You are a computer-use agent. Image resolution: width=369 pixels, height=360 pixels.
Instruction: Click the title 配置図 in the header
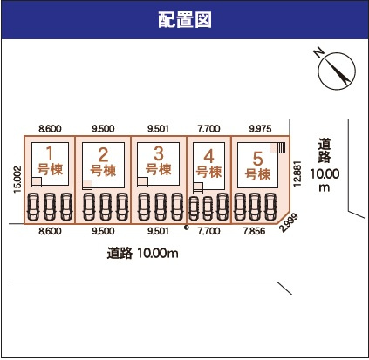tap(185, 18)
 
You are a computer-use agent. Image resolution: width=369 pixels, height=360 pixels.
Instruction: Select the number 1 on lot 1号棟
tap(51, 154)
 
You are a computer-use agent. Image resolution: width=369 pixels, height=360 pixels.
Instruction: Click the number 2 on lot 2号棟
tap(103, 156)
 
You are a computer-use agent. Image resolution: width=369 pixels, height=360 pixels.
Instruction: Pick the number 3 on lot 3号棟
tap(158, 154)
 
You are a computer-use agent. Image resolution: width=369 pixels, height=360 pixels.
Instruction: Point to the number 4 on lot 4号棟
tap(208, 158)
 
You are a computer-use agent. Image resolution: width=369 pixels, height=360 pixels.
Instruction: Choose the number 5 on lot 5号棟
tap(257, 159)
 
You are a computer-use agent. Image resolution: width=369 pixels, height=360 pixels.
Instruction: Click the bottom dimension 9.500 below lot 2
tap(103, 233)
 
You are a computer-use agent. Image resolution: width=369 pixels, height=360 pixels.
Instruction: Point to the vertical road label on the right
tap(325, 166)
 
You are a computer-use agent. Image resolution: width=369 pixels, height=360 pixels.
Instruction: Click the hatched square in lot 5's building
tap(277, 147)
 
